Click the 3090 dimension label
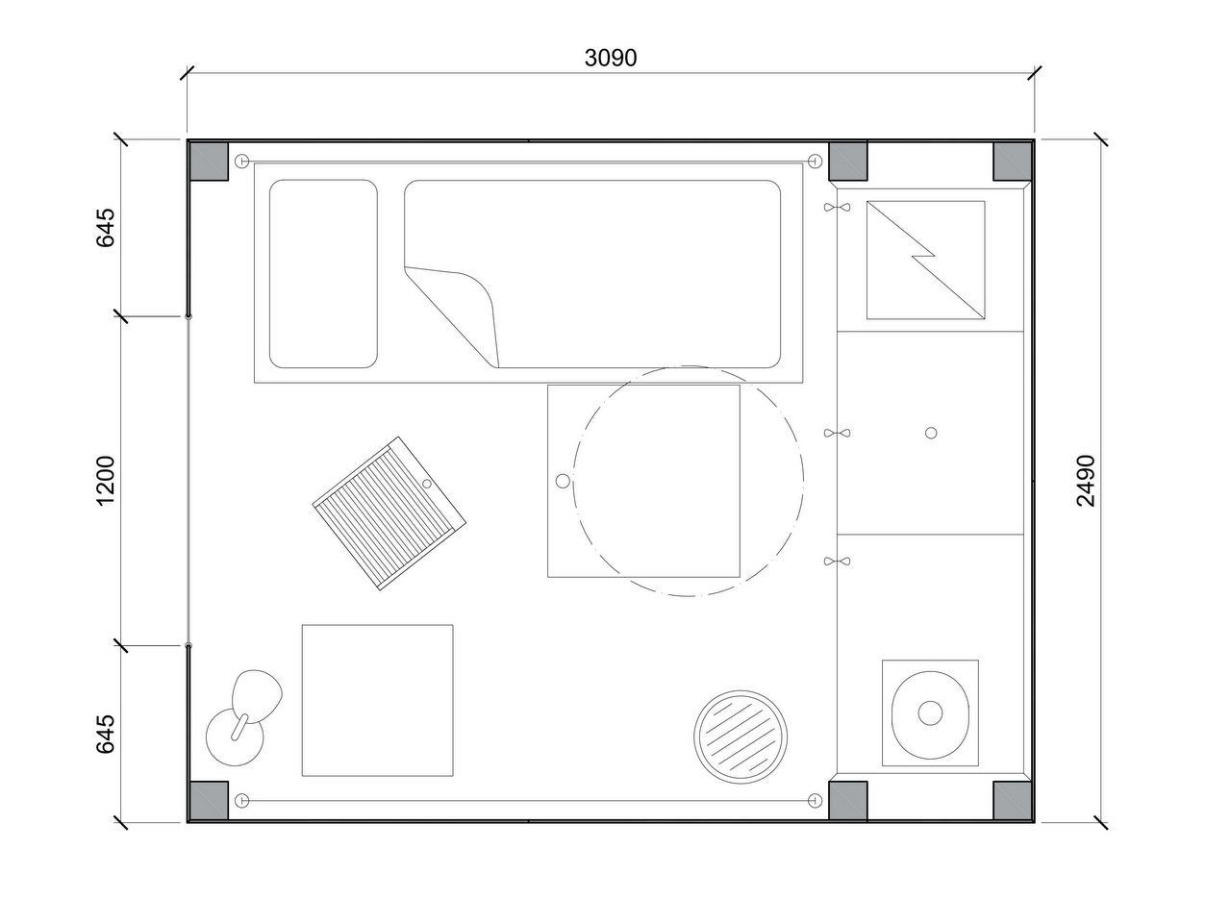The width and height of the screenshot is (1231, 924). click(610, 58)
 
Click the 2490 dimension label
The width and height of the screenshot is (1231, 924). click(1086, 481)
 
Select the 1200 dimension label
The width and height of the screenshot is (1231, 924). click(106, 481)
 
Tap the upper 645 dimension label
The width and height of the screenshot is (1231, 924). click(106, 227)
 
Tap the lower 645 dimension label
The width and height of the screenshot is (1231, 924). click(106, 734)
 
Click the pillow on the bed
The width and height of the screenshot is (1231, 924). click(323, 274)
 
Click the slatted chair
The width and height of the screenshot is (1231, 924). click(389, 513)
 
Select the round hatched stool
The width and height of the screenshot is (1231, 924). click(741, 737)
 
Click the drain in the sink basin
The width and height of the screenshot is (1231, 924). click(930, 712)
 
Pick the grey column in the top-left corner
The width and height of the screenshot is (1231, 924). click(209, 161)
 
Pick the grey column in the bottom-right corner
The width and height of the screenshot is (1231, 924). click(1013, 801)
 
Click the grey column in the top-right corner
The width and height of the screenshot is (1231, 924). click(1013, 161)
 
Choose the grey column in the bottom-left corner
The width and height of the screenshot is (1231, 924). click(209, 801)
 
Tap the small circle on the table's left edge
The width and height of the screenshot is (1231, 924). click(563, 481)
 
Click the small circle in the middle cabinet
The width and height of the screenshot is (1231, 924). click(931, 433)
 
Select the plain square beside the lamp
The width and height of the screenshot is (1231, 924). click(377, 700)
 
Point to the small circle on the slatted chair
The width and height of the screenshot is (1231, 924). click(427, 484)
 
